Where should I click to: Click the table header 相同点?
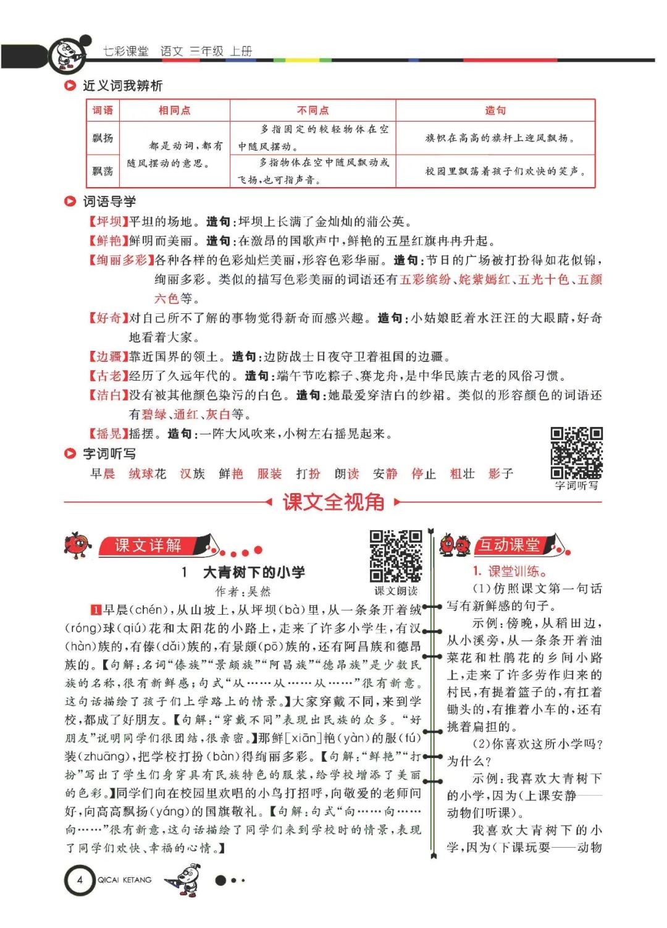coord(174,111)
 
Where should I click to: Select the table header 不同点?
coord(313,111)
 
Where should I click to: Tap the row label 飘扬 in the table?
coord(103,138)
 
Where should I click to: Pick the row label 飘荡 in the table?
coord(103,171)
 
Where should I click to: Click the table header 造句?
coord(495,111)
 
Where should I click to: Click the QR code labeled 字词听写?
coord(576,453)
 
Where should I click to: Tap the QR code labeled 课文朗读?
coord(396,555)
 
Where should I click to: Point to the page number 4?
coord(80,879)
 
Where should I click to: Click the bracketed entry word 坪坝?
coord(109,222)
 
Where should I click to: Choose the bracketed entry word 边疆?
coord(109,356)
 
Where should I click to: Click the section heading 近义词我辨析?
coord(122,86)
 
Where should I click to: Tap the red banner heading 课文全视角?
coord(333,502)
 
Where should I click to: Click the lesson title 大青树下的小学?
coord(254,572)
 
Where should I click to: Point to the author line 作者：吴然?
coord(243,591)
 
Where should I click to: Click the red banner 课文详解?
coord(148,546)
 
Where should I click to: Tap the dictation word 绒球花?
coord(147,474)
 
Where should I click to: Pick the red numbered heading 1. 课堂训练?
coord(510,572)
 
